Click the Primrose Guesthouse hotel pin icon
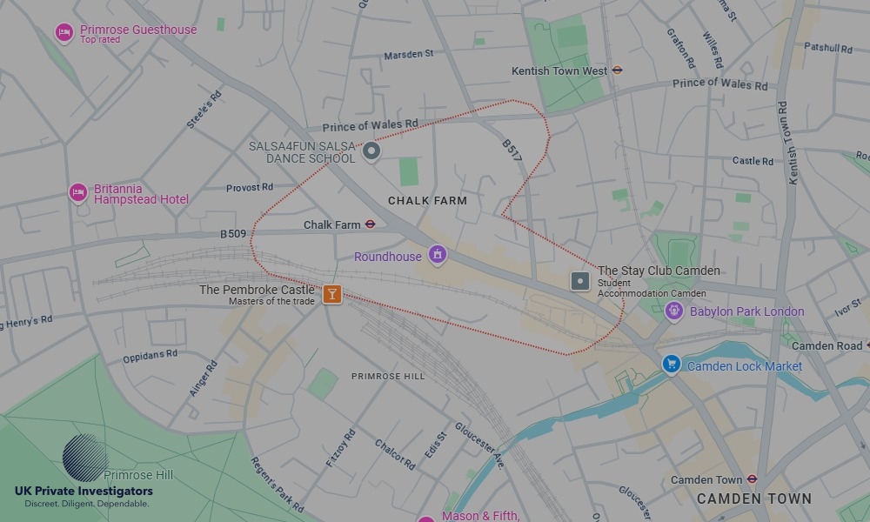pos(64,33)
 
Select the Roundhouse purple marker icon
pos(438,255)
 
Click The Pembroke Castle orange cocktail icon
pos(331,294)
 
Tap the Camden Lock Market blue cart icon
pos(671,365)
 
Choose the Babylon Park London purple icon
pos(673,311)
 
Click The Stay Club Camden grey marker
pos(580,281)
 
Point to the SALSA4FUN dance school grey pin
pos(371,152)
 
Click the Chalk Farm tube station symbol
pos(370,224)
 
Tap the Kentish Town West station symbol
pos(617,70)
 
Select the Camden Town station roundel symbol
pos(752,479)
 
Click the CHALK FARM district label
pos(427,201)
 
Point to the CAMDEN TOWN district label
pos(753,499)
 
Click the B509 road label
pos(232,234)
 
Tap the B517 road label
pos(512,151)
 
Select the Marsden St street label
pos(408,55)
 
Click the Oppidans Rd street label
pos(150,354)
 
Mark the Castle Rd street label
pos(753,161)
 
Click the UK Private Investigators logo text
pos(84,492)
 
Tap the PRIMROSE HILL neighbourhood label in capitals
pos(388,376)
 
